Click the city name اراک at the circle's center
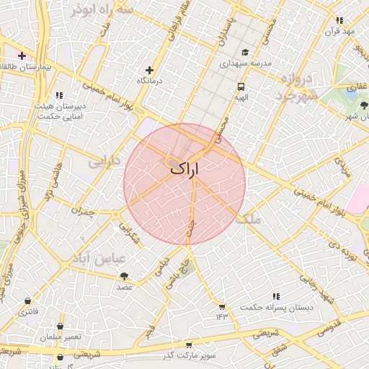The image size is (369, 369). pos(184,169)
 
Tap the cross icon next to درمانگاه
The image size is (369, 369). pos(149,70)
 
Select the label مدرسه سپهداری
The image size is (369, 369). pos(245,63)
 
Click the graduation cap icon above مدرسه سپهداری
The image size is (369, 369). pos(245,53)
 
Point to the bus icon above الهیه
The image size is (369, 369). pos(240,86)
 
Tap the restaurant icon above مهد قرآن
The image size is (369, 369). pos(340,21)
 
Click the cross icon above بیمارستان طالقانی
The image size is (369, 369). pos(22,55)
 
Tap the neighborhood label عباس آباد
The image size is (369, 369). pos(99,258)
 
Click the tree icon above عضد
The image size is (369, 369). pos(125,275)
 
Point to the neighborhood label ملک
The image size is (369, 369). pos(252,217)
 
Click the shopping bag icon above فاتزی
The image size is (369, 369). pos(28,301)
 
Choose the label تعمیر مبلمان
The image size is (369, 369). pos(61,337)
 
